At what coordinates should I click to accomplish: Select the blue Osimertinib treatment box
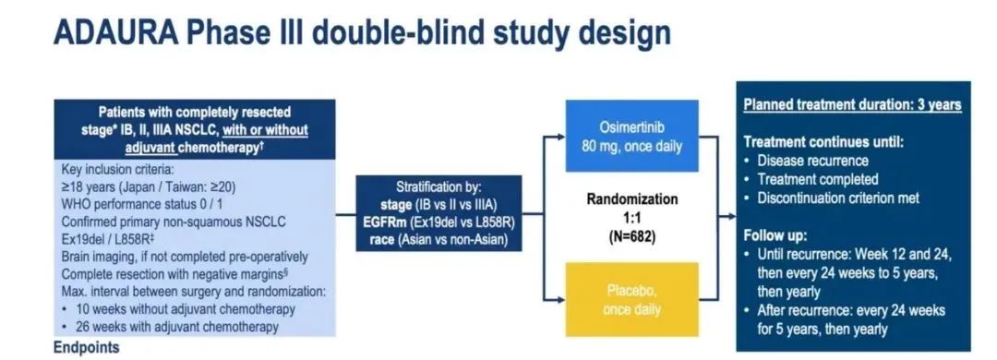tap(632, 136)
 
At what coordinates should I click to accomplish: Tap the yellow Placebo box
tap(632, 300)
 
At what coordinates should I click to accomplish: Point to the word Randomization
tap(632, 199)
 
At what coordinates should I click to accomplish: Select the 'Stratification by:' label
tap(438, 189)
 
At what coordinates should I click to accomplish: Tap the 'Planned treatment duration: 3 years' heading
tap(853, 105)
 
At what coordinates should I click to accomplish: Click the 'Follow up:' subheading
tap(775, 236)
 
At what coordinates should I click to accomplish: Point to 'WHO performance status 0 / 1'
tap(142, 206)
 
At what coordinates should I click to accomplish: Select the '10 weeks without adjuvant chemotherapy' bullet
tap(179, 310)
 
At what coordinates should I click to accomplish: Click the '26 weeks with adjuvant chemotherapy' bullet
tap(171, 327)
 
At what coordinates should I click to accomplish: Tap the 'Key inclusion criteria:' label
tap(117, 171)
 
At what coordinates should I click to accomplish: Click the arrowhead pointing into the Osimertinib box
tap(561, 136)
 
